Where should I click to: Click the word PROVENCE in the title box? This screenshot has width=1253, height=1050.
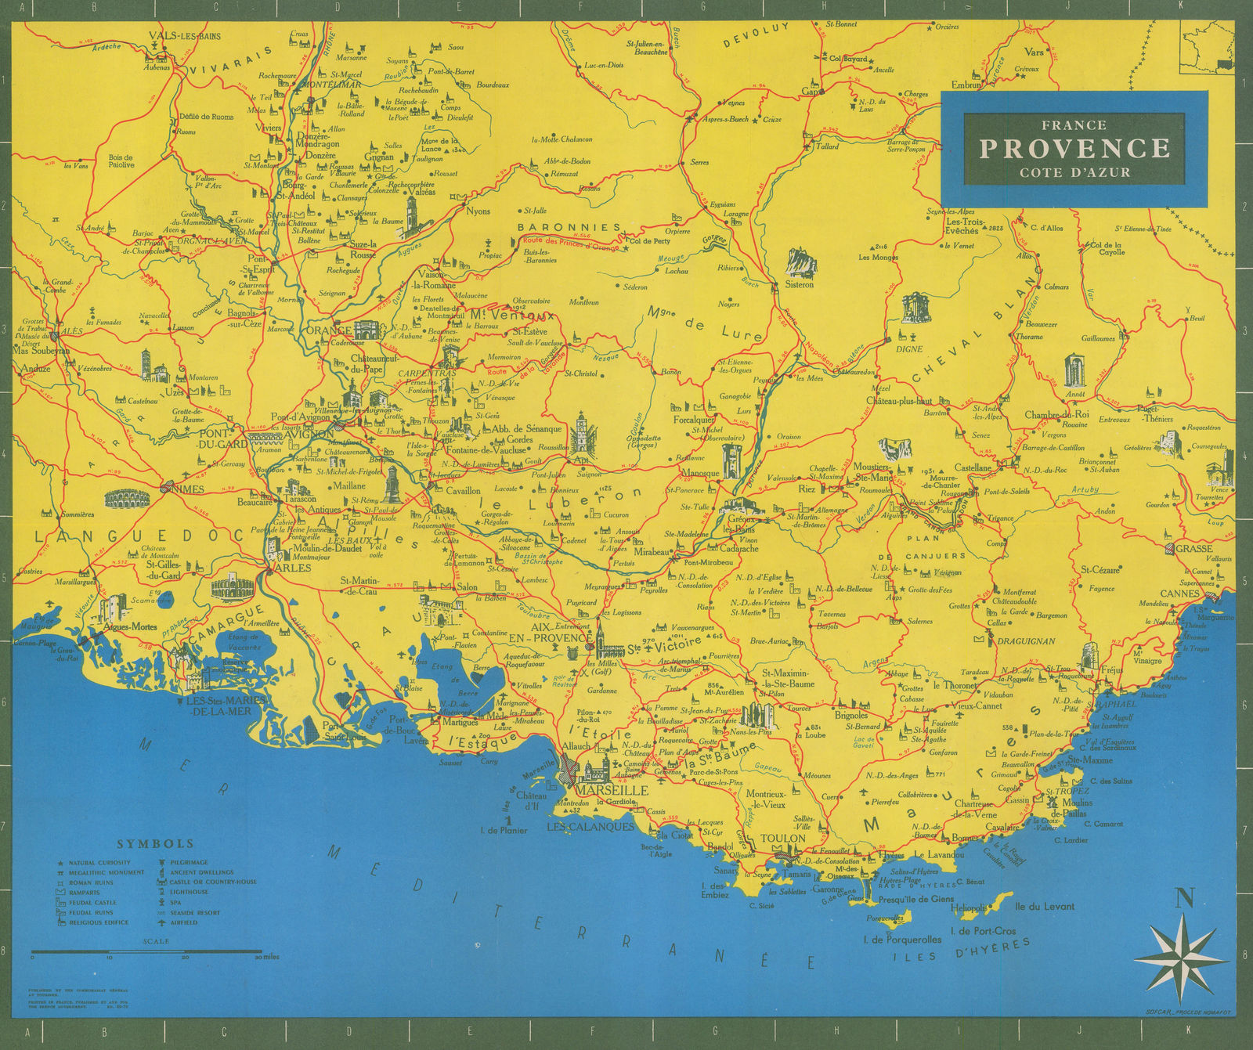[x=1074, y=148]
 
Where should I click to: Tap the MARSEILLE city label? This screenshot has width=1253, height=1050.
[x=612, y=791]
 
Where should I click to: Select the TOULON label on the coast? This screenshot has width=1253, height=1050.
[x=782, y=838]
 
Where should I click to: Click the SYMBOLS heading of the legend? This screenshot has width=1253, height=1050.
[x=155, y=844]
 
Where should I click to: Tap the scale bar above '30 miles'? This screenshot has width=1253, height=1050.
[x=146, y=951]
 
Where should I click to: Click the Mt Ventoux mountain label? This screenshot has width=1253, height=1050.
[x=512, y=316]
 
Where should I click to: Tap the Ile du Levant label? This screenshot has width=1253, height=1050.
[x=1045, y=907]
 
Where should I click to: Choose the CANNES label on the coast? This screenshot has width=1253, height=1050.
[x=1180, y=594]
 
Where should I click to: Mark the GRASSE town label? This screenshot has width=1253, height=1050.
[x=1193, y=549]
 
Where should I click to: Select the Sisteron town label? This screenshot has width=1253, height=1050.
[x=800, y=284]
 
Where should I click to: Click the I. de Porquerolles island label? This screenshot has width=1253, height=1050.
[x=901, y=939]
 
